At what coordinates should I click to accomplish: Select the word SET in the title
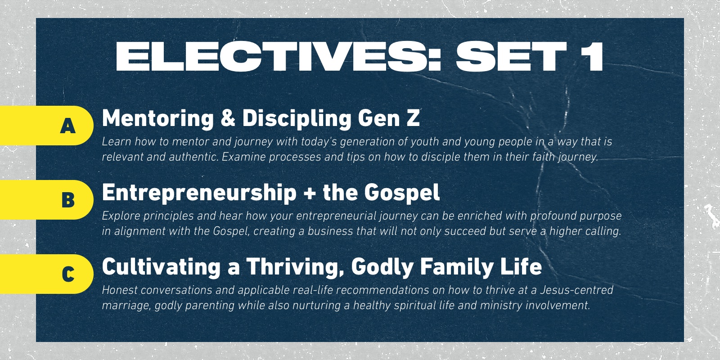pos(511,56)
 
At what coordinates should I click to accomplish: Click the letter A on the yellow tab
pos(68,126)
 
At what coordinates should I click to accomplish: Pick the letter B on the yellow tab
pos(68,200)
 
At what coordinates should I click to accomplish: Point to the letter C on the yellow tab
pos(68,274)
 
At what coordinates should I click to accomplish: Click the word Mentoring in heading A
pos(158,119)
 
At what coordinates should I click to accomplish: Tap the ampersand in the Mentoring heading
pos(228,118)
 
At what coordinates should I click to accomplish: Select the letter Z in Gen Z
pos(412,118)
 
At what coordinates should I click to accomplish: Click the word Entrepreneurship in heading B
pos(199,193)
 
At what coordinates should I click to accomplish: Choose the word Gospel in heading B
pos(402,193)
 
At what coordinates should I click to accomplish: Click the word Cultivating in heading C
pos(161,266)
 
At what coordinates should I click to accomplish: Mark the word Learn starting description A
pos(117,141)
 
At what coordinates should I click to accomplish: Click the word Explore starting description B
pos(121,216)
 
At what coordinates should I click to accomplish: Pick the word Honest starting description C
pos(119,290)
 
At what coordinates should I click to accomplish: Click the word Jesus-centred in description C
pos(576,290)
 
